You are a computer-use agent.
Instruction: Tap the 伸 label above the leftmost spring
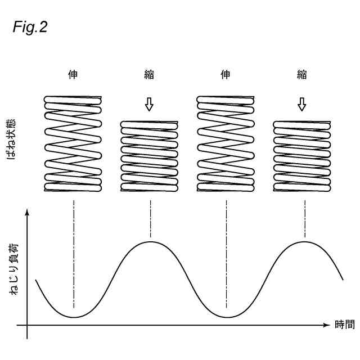73,75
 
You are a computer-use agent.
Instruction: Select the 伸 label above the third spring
226,75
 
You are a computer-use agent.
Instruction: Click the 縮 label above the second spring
149,75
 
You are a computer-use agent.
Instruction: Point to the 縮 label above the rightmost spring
302,75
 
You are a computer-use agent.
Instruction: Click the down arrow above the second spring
149,104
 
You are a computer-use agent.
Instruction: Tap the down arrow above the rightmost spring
302,104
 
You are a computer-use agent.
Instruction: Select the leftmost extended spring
73,144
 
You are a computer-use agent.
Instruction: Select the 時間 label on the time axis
344,325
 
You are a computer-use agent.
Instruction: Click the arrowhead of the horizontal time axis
326,325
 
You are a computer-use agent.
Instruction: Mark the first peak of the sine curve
150,241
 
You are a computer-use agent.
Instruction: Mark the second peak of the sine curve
304,241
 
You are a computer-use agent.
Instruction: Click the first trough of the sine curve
73,317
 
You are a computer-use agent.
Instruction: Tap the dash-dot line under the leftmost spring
73,253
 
